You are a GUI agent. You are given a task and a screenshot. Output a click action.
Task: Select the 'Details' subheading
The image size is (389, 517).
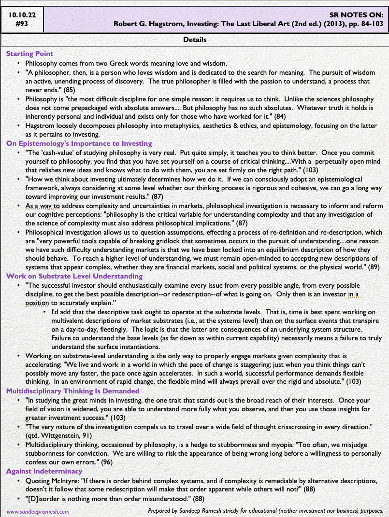coord(195,40)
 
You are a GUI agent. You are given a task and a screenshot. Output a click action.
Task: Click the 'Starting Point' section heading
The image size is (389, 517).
coord(29,54)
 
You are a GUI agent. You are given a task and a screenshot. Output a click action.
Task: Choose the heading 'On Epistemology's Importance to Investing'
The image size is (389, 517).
coord(79,143)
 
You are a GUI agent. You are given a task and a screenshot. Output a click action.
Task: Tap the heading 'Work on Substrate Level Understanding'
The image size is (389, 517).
coord(74,276)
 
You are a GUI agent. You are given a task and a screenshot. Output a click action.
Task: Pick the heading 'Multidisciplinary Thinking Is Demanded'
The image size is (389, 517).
coord(72,391)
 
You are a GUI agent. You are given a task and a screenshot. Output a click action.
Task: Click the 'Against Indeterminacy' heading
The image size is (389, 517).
coord(44,471)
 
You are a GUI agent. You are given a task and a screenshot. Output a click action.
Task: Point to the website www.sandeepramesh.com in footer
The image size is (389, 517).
coord(38,511)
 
